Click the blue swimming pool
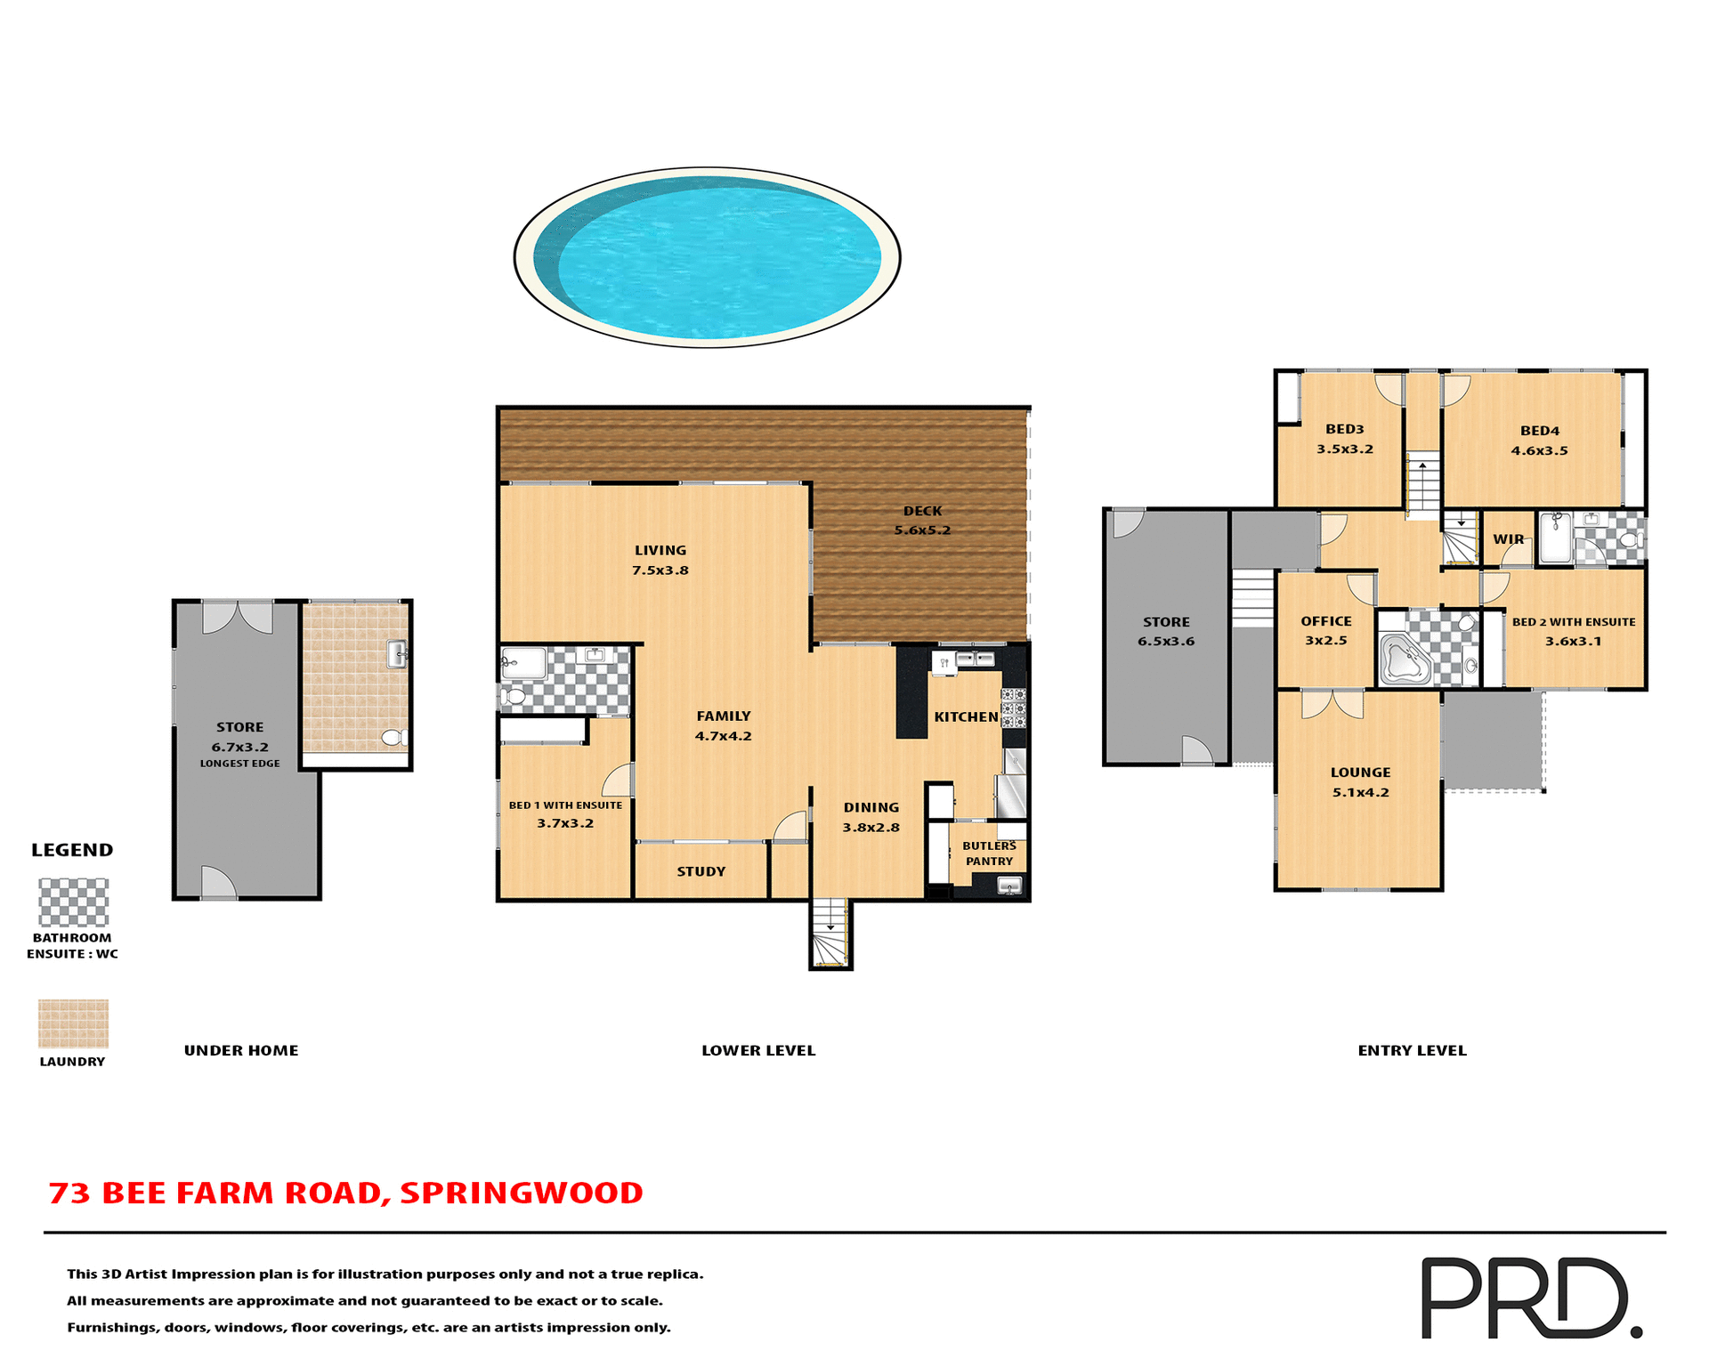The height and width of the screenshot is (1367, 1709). (x=708, y=256)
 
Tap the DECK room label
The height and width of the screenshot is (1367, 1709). (x=922, y=512)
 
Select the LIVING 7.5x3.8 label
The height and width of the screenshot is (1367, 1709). (x=660, y=560)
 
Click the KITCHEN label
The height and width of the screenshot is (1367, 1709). (x=966, y=717)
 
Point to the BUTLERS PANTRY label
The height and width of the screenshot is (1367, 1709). (x=989, y=853)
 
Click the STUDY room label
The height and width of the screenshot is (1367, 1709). (x=701, y=872)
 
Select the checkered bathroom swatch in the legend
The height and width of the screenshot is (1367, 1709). (x=73, y=902)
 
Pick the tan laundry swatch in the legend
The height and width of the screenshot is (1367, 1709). (x=73, y=1023)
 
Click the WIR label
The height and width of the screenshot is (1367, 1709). (x=1508, y=539)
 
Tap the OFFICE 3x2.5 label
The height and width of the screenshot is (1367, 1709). (x=1326, y=630)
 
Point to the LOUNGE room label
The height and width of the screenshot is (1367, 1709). (x=1360, y=772)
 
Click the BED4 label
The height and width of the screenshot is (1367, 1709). (x=1540, y=431)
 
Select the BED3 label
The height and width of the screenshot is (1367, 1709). (x=1344, y=429)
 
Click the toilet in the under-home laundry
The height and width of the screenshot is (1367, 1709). (x=393, y=738)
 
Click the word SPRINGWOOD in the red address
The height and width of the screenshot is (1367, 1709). (x=521, y=1193)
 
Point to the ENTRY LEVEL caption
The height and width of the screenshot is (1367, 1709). (x=1412, y=1051)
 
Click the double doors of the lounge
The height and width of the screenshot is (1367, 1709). (x=1332, y=705)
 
